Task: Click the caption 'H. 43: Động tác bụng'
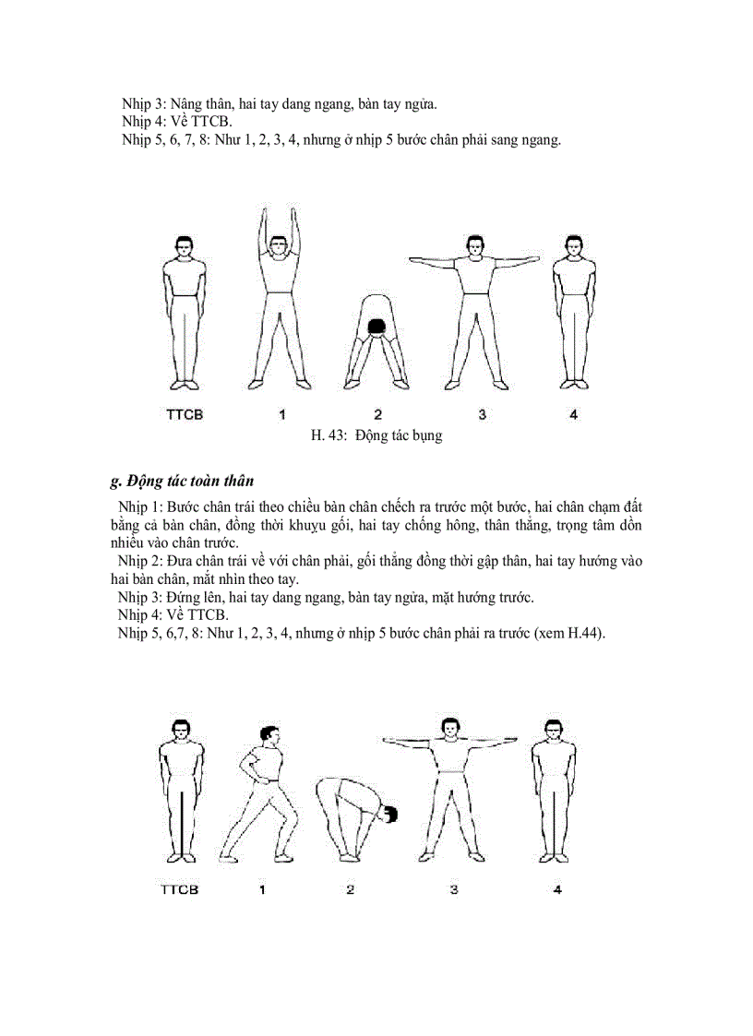point(376,435)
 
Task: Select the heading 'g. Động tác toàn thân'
point(182,481)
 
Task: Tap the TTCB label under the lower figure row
point(179,890)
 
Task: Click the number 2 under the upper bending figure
point(377,414)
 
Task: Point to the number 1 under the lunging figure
point(263,890)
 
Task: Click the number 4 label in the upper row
point(573,414)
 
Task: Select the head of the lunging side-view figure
point(269,737)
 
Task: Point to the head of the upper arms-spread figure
point(474,246)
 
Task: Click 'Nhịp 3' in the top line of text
point(144,103)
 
